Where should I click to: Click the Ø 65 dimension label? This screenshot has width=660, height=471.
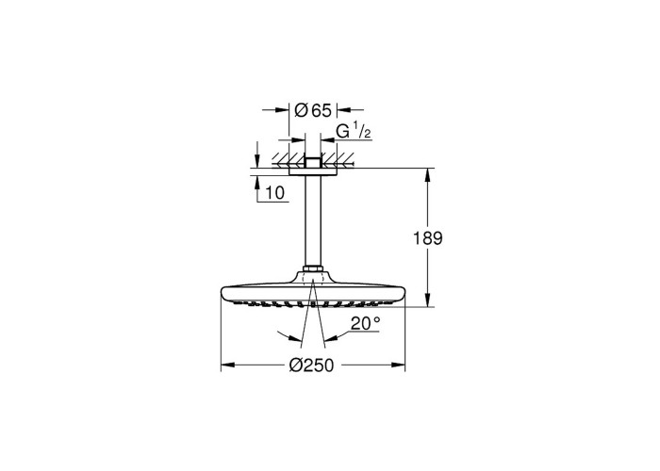click(313, 110)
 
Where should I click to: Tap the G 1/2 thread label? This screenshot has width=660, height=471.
click(354, 132)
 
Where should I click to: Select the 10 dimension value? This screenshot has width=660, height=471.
click(275, 193)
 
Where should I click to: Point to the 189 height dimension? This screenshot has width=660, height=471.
click(428, 238)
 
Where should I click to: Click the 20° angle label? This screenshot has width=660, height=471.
click(366, 323)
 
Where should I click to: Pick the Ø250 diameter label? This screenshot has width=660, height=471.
click(311, 365)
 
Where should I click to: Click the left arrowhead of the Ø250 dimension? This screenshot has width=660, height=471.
click(228, 365)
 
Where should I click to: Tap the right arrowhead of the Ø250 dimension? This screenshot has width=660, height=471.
click(398, 365)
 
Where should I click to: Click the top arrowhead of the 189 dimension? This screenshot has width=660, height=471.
click(428, 175)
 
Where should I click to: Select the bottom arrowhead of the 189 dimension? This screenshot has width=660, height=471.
click(428, 300)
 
